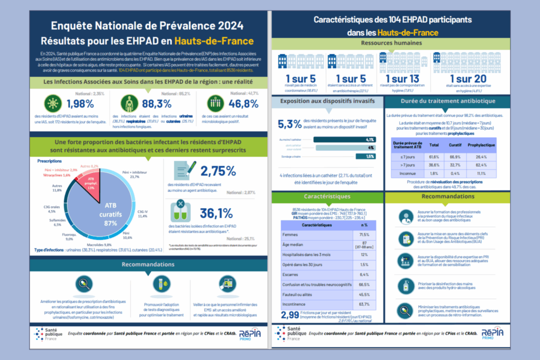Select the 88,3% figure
pyautogui.click(x=157, y=103)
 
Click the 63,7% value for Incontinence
pyautogui.click(x=364, y=304)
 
